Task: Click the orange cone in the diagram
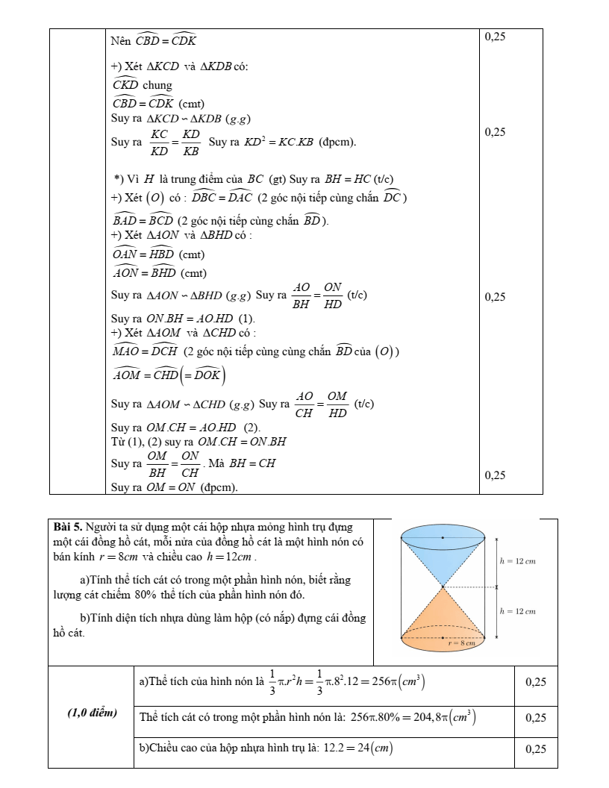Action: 443,619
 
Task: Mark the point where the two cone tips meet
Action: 443,587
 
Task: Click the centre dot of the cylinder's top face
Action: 443,537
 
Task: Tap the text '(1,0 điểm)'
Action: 92,713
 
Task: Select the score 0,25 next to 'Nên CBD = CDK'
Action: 496,36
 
